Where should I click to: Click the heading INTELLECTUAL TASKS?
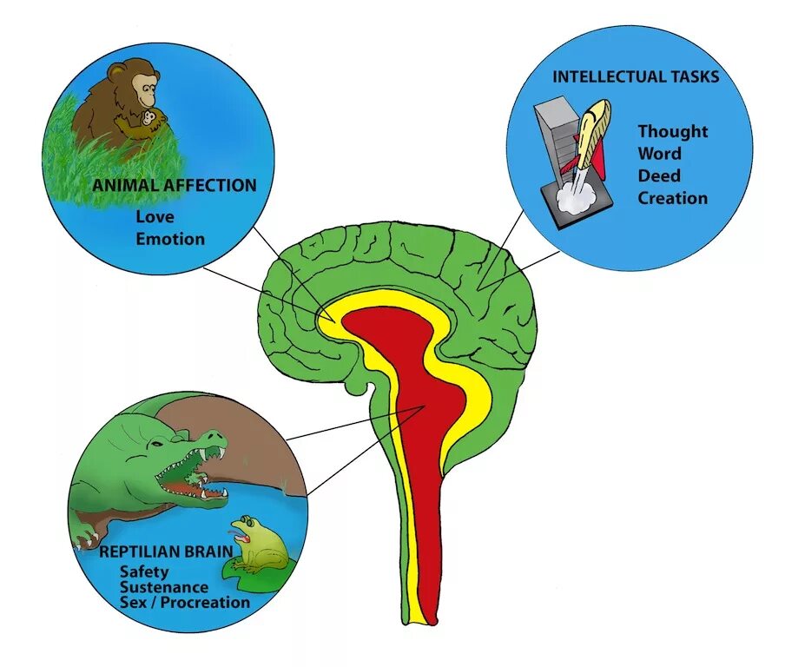pos(636,76)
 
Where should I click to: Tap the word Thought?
pos(672,132)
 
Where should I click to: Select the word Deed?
pos(660,175)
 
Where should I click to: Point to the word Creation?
pos(672,198)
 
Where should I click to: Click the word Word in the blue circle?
pos(660,154)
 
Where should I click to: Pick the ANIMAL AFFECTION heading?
pos(175,185)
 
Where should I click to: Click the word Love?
pos(155,216)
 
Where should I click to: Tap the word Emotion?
pos(170,238)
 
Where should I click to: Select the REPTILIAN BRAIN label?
pos(178,551)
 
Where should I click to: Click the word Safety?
pos(144,571)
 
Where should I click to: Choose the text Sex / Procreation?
pos(184,602)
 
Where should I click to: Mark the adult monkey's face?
pos(144,84)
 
